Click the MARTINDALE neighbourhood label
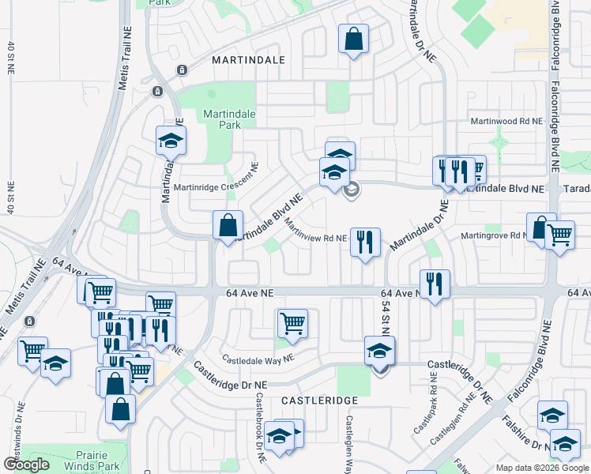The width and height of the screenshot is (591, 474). click(x=247, y=59)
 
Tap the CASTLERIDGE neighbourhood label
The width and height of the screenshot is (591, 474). click(x=312, y=401)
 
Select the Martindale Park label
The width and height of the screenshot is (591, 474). click(x=229, y=119)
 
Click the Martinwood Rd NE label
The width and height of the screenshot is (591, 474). click(x=506, y=122)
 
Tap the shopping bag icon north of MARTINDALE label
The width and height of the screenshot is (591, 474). click(x=353, y=38)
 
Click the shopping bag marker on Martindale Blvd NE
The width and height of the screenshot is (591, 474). click(x=228, y=224)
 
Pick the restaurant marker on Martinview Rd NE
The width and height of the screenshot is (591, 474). click(x=365, y=241)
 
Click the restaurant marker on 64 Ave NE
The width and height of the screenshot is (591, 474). click(x=435, y=284)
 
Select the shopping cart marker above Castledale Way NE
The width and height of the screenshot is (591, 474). click(x=292, y=322)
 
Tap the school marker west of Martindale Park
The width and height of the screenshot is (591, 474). click(x=170, y=141)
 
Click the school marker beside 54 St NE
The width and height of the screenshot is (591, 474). click(x=379, y=350)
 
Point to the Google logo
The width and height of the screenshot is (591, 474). click(x=28, y=465)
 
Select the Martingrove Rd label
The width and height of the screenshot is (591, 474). click(x=496, y=235)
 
